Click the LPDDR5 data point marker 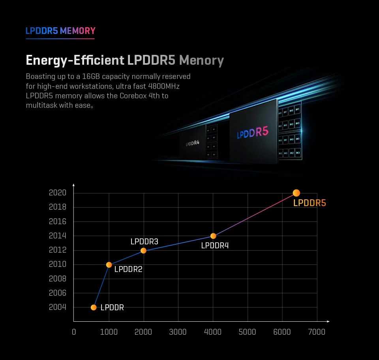pos(296,193)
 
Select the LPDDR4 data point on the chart pos(213,236)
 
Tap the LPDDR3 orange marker pos(143,251)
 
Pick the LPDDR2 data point pos(109,265)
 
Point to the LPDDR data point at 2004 pos(94,307)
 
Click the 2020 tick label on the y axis pos(58,193)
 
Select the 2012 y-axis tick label pos(58,250)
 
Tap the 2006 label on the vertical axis pos(58,293)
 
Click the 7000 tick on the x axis pos(317,332)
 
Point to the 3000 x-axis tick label pos(178,332)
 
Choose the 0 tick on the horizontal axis pos(74,332)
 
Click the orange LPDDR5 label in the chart pos(310,203)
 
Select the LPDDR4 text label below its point pos(215,246)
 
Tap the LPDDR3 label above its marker pos(144,242)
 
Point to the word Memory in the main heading pos(201,60)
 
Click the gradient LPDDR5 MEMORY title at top pos(60,31)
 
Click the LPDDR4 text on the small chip pos(193,143)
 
